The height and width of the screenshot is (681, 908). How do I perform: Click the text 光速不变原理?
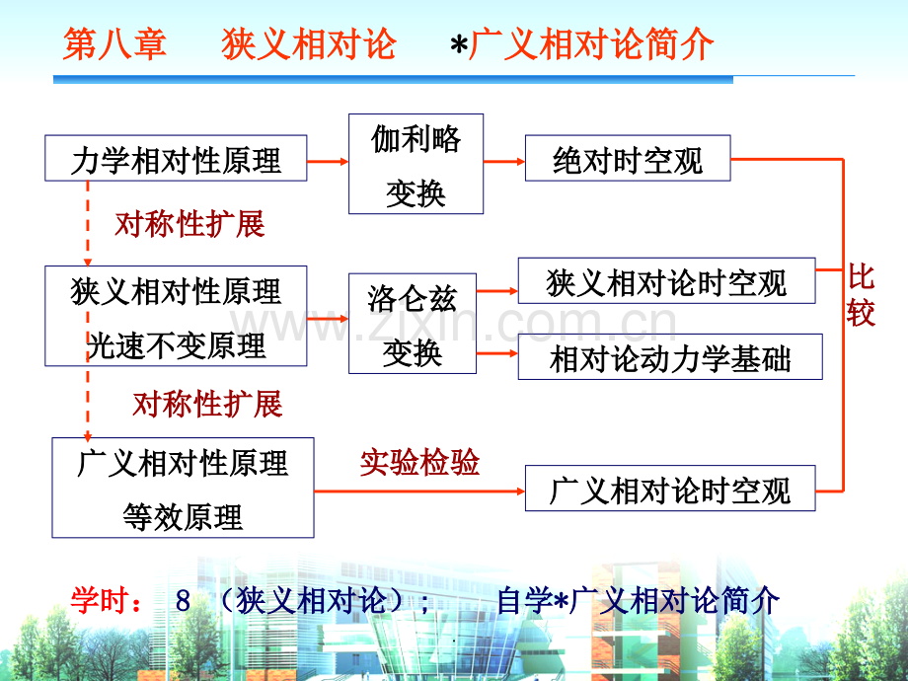(176, 345)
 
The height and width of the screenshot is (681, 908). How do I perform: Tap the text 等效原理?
(183, 516)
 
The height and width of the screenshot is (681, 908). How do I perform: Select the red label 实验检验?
(419, 462)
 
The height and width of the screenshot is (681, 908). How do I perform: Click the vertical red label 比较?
(861, 295)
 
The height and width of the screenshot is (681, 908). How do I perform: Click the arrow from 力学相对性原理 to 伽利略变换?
(328, 161)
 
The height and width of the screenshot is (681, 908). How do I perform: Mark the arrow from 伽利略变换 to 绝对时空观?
(504, 161)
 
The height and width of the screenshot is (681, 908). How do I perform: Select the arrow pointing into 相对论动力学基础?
(497, 353)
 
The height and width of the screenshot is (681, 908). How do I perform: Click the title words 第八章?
(114, 44)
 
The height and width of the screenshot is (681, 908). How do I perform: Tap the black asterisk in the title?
(459, 45)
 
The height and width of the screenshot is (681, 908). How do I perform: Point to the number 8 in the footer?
(183, 601)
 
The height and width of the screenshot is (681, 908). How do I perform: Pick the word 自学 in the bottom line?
(525, 600)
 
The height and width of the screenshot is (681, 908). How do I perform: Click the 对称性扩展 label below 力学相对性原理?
(189, 223)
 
